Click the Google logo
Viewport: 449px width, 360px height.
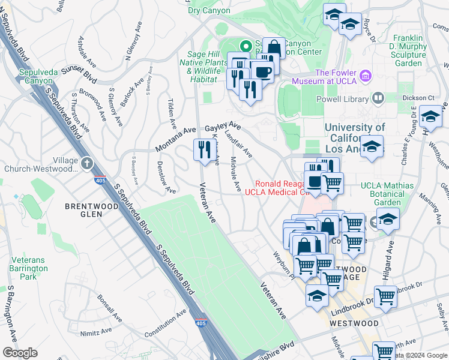coord(20,353)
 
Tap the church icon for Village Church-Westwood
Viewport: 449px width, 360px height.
coord(87,163)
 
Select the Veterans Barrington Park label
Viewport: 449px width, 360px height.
coord(28,268)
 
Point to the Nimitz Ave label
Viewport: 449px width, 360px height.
coord(98,331)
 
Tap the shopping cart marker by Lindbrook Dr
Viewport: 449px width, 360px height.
coord(385,296)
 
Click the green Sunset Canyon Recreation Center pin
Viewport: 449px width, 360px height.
coord(245,45)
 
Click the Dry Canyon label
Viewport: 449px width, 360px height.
coord(209,10)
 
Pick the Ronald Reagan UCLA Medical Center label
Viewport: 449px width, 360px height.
coord(279,188)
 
